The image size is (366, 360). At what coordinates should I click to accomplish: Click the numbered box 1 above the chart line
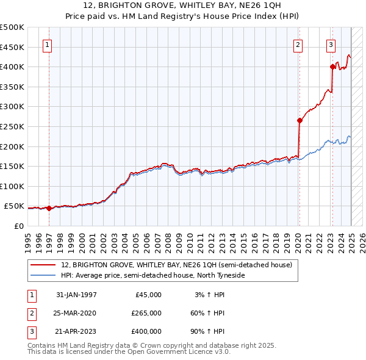[x=48, y=44]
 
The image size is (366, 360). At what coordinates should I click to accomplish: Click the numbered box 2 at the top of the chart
[x=298, y=44]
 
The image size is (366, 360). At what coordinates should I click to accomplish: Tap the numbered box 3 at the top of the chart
[x=331, y=44]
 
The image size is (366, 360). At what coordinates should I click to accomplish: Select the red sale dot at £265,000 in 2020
[x=300, y=120]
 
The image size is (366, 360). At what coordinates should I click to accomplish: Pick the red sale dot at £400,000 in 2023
[x=332, y=67]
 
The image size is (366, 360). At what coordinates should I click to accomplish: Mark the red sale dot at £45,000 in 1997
[x=49, y=208]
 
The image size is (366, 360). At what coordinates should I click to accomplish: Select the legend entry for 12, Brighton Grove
[x=176, y=265]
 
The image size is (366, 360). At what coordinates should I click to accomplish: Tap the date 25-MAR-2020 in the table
[x=76, y=313]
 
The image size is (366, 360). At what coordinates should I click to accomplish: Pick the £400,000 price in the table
[x=146, y=331]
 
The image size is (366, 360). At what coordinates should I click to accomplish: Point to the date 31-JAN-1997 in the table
[x=76, y=295]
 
